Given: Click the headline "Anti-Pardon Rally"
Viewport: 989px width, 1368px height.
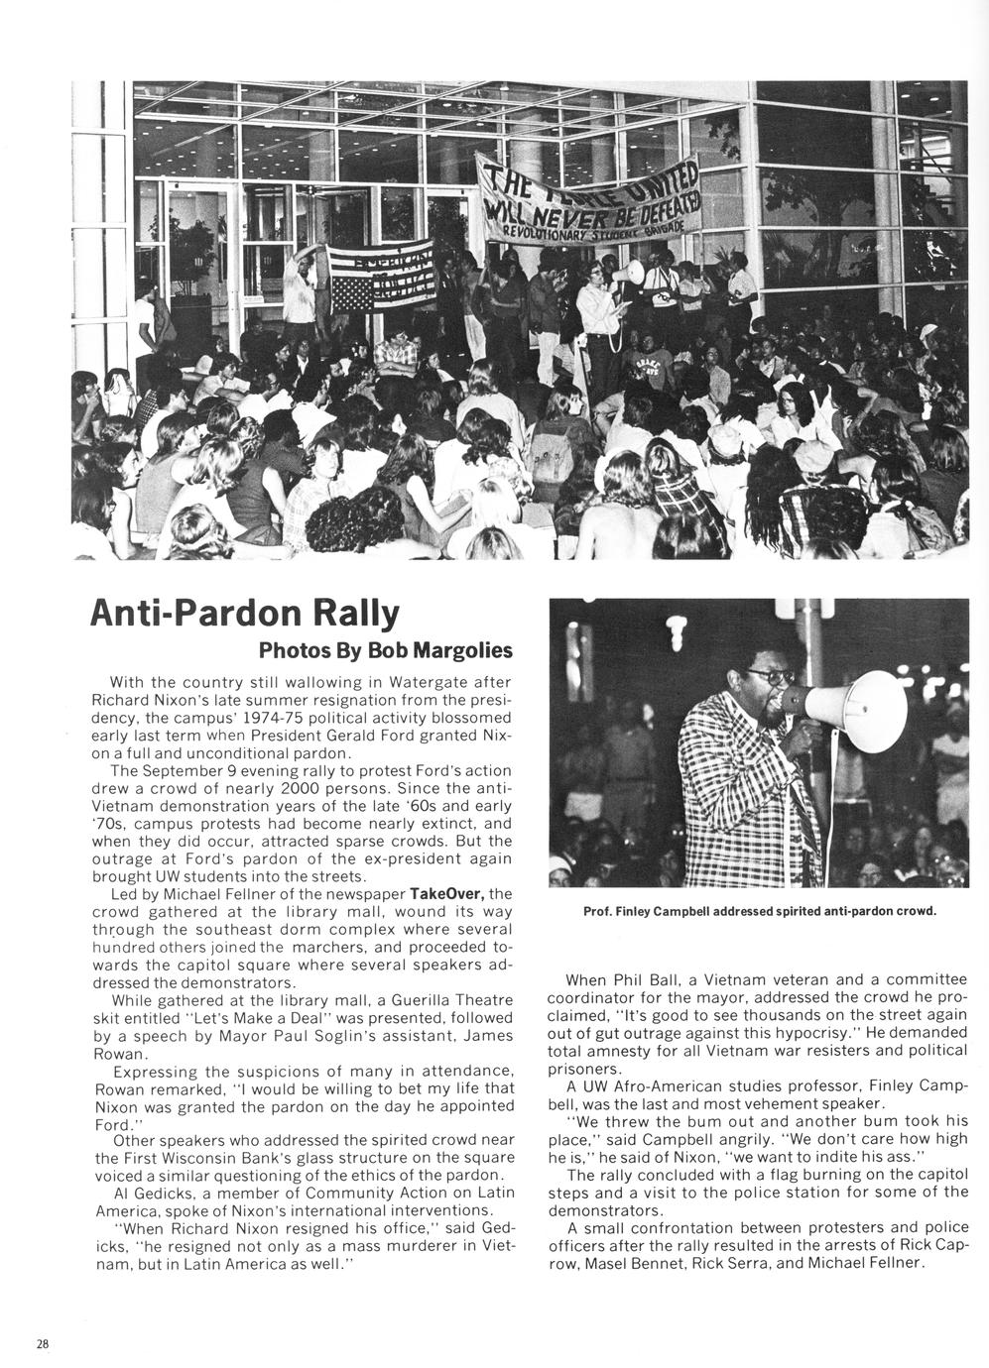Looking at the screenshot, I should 244,615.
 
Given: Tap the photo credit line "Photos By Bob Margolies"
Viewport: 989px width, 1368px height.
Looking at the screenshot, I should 385,651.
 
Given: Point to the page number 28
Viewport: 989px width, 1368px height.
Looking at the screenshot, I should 42,1344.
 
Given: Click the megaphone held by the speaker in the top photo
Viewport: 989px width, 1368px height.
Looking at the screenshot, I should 632,271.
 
